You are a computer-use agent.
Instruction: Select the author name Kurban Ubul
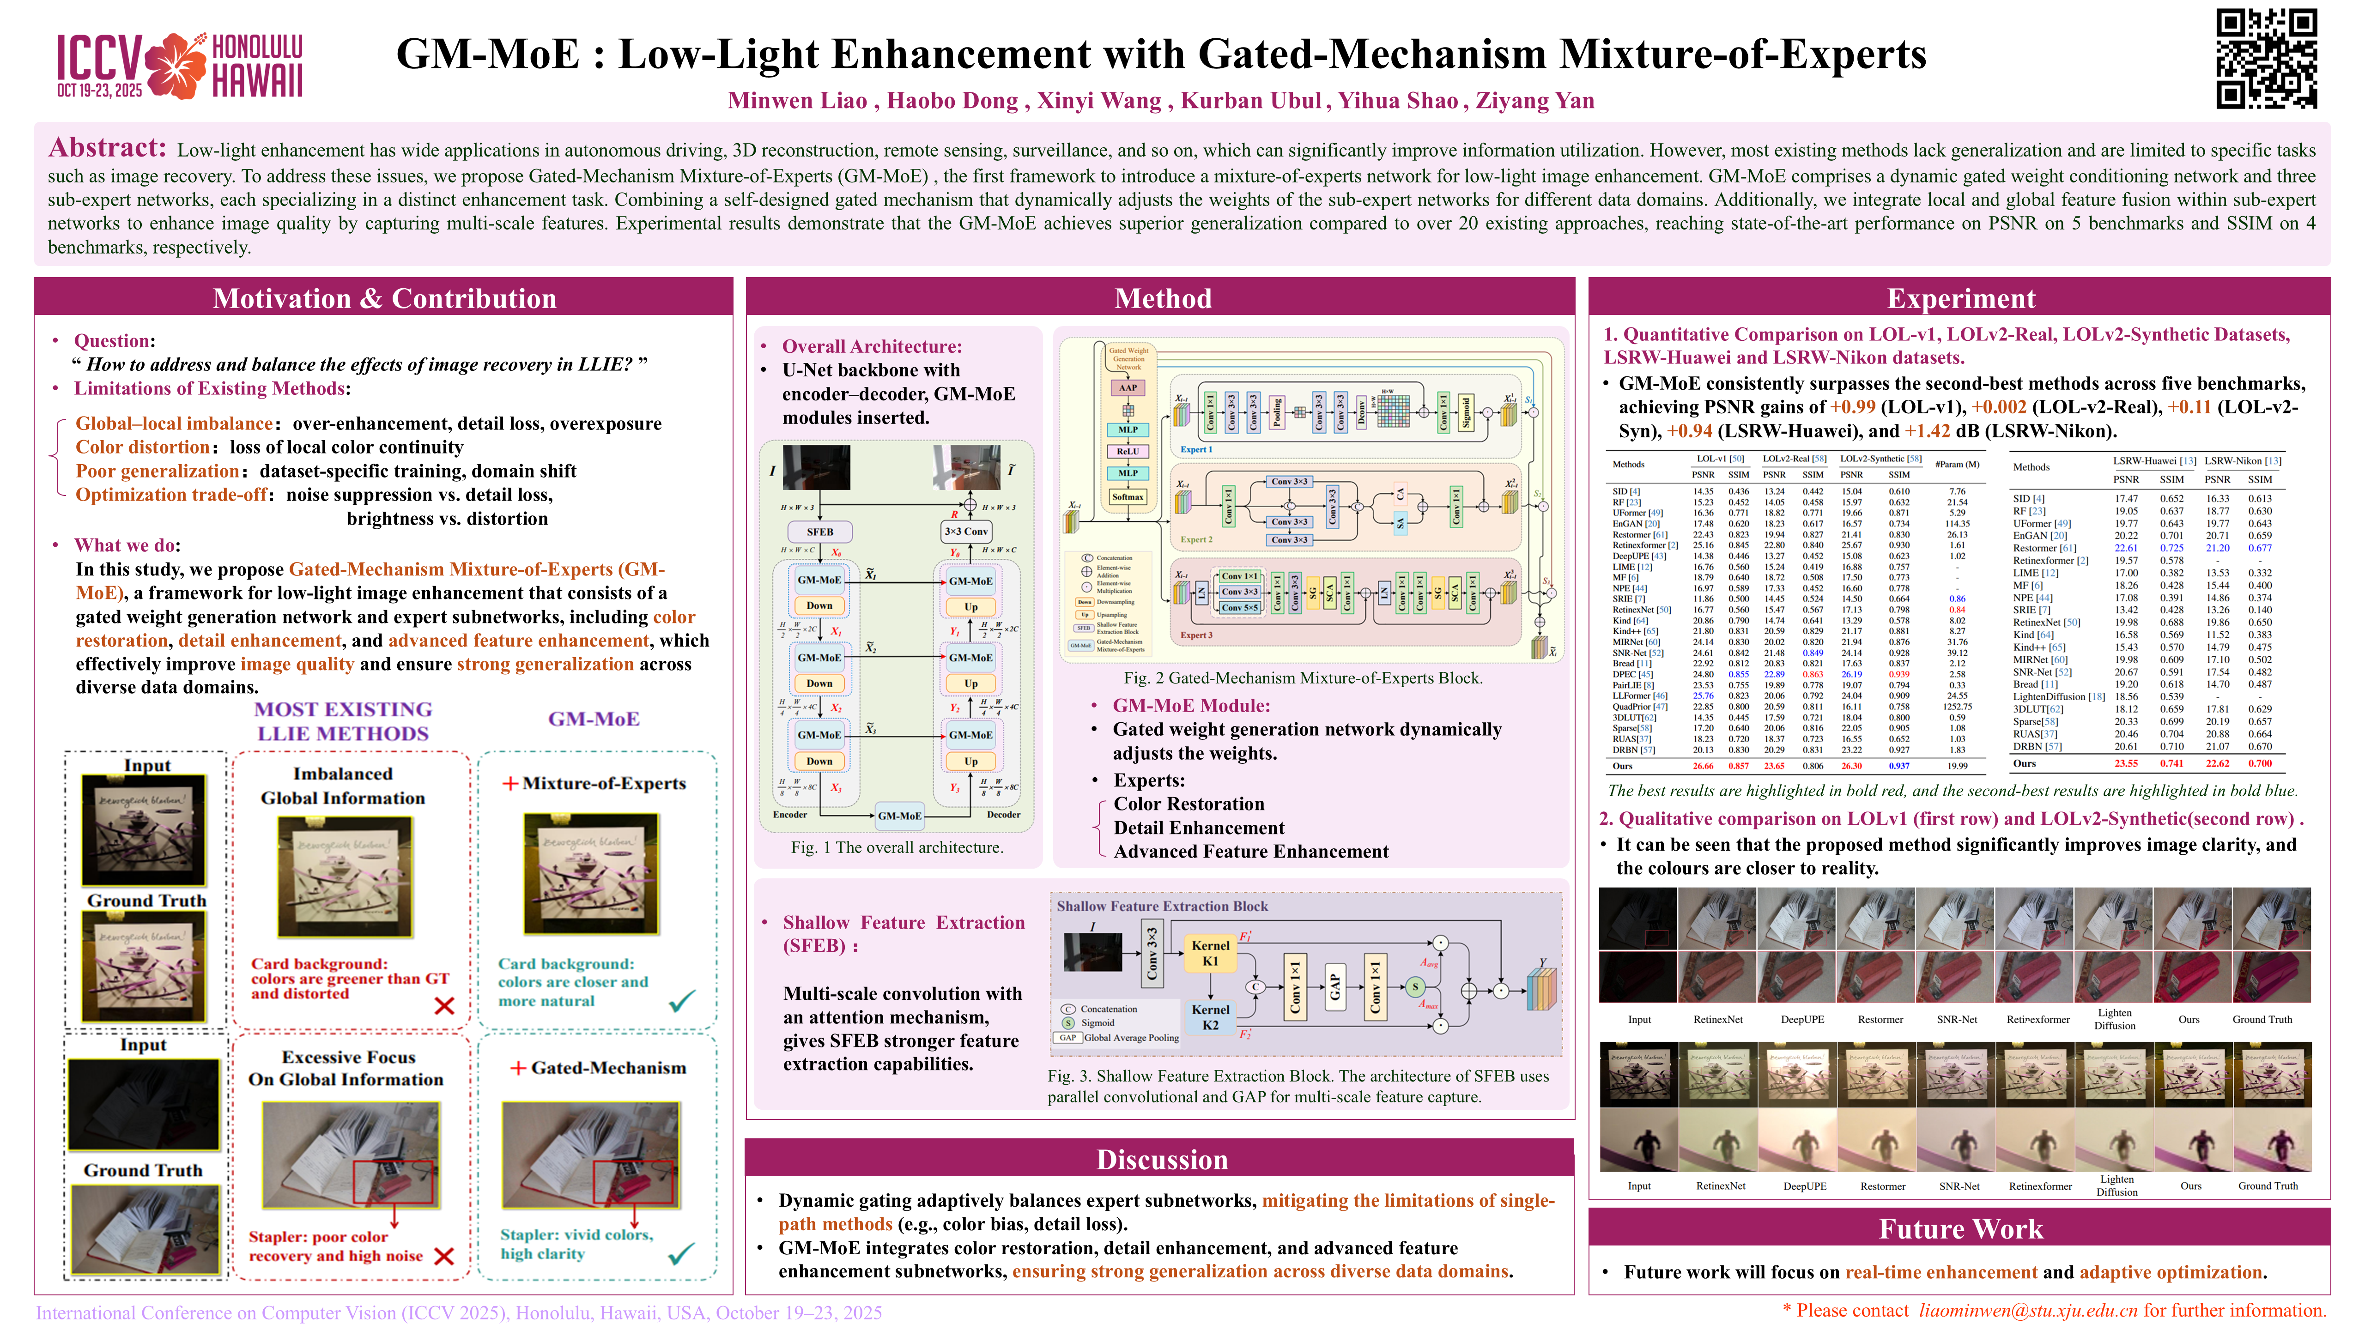pyautogui.click(x=1250, y=101)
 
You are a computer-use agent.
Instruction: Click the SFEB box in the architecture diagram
pyautogui.click(x=820, y=532)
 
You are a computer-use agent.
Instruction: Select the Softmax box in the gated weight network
pyautogui.click(x=1128, y=496)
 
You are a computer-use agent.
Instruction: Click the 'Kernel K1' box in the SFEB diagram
pyautogui.click(x=1210, y=953)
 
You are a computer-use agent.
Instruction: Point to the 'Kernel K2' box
pyautogui.click(x=1210, y=1017)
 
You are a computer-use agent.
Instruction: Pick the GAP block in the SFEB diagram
pyautogui.click(x=1335, y=987)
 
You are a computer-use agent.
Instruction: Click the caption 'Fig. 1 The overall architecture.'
pyautogui.click(x=897, y=847)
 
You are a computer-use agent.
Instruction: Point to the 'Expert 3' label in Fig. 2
pyautogui.click(x=1196, y=635)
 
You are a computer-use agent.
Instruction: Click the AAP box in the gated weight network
pyautogui.click(x=1128, y=387)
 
